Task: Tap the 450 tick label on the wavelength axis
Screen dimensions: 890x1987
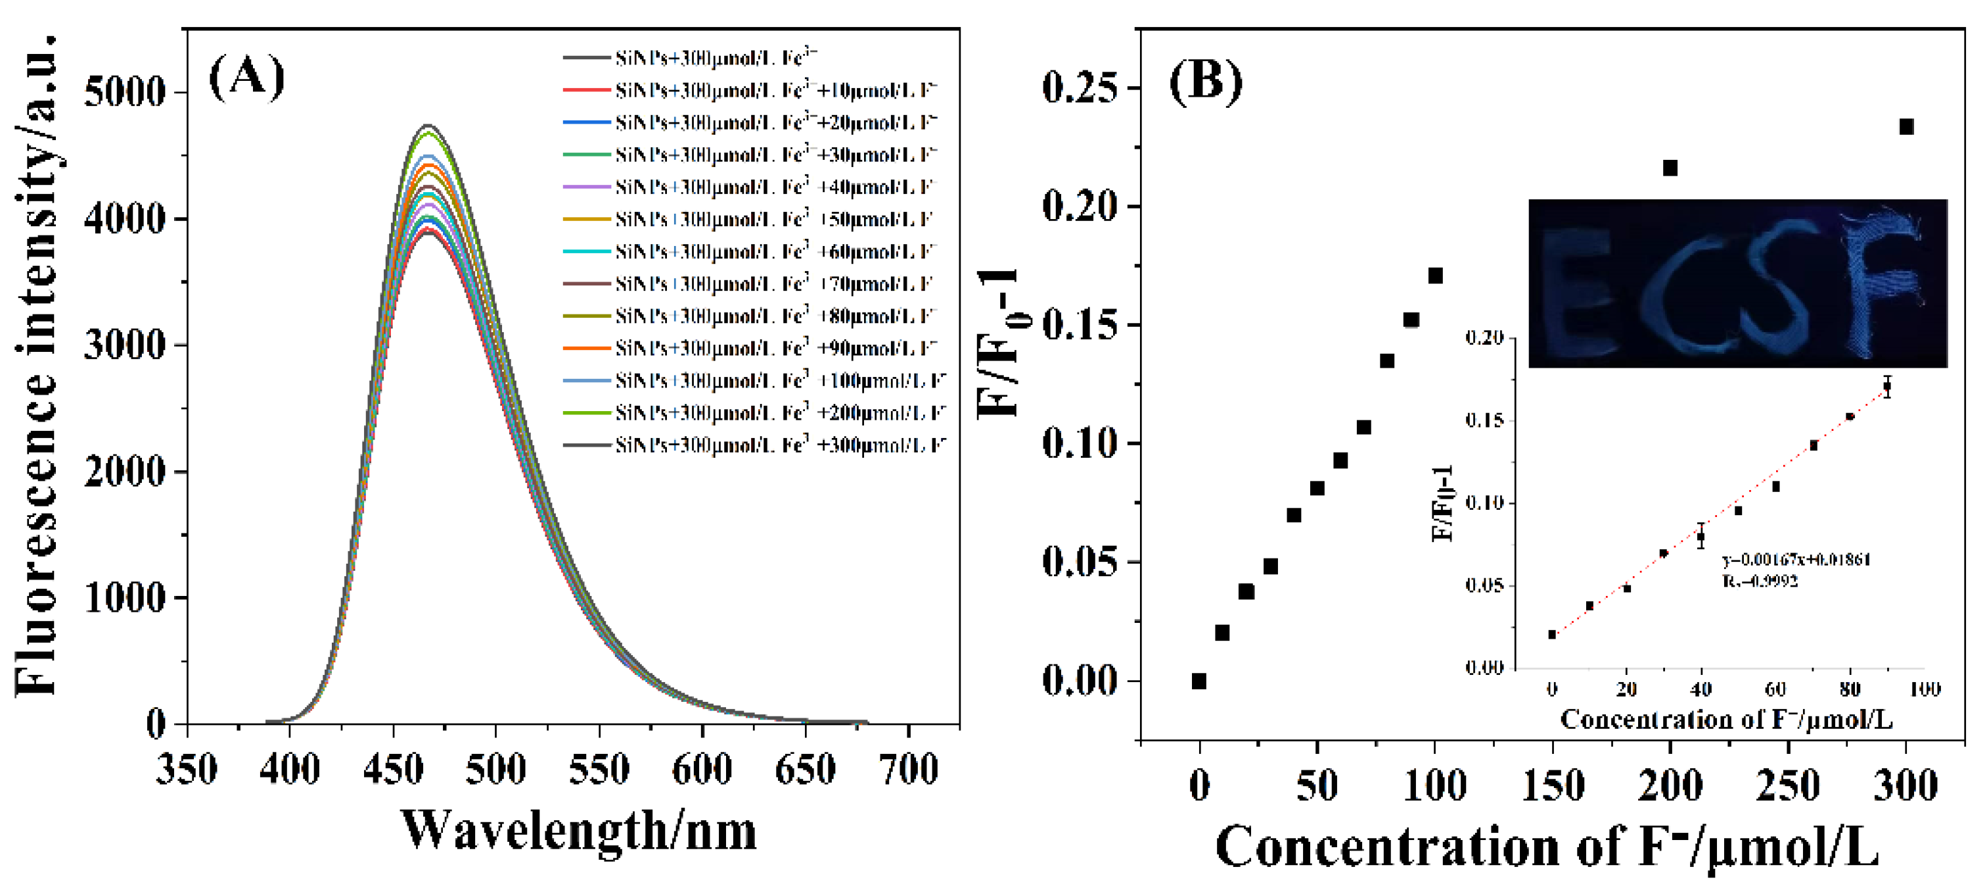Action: pos(393,769)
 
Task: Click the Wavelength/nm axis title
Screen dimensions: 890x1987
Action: pos(578,831)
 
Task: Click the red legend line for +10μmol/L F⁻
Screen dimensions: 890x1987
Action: pos(586,90)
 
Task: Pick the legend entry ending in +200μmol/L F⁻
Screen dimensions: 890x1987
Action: pos(779,413)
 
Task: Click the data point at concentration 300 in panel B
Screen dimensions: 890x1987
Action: pos(1906,126)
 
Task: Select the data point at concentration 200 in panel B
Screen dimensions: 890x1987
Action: pos(1670,168)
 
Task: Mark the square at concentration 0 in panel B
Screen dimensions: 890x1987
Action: pos(1199,681)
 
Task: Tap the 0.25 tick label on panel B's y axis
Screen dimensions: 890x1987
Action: pos(1080,87)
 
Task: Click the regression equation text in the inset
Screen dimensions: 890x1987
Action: pos(1796,560)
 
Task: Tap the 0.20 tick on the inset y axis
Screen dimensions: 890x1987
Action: pos(1485,337)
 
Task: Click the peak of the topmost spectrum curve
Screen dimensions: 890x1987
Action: pos(429,125)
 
